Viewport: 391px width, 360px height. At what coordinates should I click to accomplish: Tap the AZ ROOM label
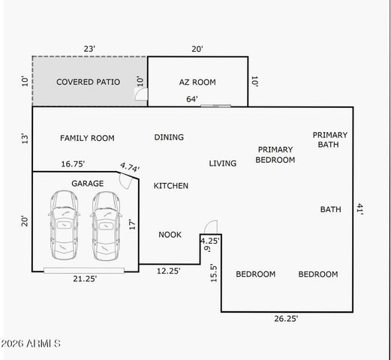coord(197,82)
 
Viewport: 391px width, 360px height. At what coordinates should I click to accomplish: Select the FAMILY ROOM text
coord(87,138)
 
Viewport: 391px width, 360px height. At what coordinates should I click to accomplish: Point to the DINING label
coord(169,137)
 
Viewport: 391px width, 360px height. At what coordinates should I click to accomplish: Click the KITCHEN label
coord(171,186)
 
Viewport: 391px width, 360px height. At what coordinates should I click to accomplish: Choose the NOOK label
coord(170,235)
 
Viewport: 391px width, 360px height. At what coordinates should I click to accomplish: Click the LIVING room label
coord(223,163)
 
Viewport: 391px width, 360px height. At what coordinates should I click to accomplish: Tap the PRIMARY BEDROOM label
coord(275,154)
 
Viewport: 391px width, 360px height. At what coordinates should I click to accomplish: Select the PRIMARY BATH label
coord(330,139)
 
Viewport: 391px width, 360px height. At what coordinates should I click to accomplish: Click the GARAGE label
coord(87,184)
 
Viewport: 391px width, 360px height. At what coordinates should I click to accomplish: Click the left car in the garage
coord(64,224)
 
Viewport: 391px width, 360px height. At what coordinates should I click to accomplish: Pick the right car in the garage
coord(106,224)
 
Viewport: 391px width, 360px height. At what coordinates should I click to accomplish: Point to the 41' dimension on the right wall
coord(360,209)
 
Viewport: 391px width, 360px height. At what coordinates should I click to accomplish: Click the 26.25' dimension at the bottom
coord(286,319)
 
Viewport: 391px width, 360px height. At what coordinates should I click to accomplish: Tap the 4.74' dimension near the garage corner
coord(131,168)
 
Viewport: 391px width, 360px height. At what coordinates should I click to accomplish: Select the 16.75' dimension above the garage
coord(73,164)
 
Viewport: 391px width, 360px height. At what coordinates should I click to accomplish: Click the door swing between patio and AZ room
coord(140,93)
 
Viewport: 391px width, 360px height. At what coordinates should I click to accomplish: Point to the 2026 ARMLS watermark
coord(31,343)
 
